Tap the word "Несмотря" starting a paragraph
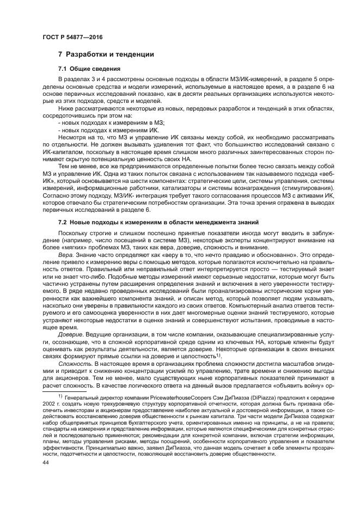[72, 137]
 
